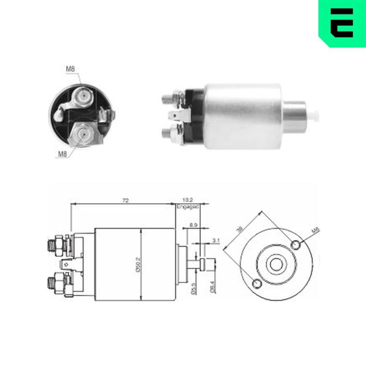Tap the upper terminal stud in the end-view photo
(84, 96)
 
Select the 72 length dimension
(125, 200)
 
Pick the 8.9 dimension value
(193, 226)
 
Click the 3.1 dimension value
(216, 240)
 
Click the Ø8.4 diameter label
(212, 284)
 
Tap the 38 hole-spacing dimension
(240, 229)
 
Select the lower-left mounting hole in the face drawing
(257, 283)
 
